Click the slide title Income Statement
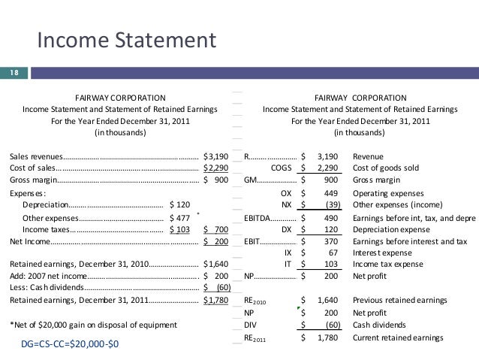coord(126,39)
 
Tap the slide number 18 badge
coord(13,73)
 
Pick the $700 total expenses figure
coord(216,229)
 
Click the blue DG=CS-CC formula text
coord(70,343)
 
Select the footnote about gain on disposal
coord(93,325)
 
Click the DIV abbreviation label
coord(252,325)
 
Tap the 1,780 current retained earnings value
coord(329,337)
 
